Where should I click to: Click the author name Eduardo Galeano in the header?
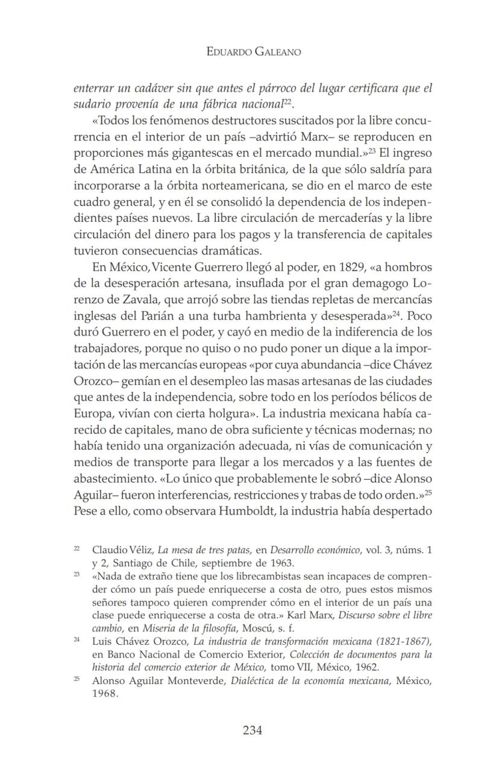[253, 52]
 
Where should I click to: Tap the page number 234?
[253, 730]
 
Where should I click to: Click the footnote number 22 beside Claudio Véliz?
[77, 549]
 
